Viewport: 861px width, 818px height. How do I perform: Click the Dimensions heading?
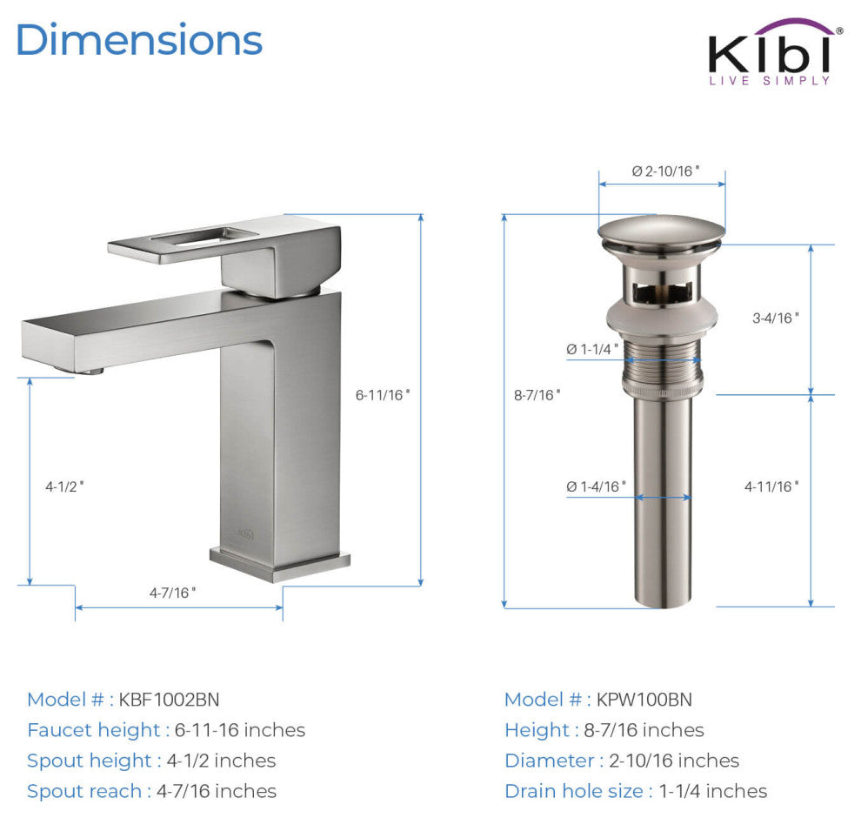pos(139,40)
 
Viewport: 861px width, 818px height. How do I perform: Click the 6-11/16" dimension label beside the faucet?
pos(382,394)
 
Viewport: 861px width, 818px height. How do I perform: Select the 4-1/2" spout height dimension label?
pos(65,486)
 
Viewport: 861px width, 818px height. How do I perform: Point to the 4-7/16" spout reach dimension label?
pos(172,592)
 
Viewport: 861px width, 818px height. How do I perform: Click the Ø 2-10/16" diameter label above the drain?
pos(665,171)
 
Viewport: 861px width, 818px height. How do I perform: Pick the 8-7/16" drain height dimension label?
pos(537,394)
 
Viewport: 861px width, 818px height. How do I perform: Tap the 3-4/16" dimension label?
pos(775,318)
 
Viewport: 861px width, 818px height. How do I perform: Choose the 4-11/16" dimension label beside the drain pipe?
pos(771,486)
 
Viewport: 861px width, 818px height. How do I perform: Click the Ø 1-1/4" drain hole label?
pos(592,349)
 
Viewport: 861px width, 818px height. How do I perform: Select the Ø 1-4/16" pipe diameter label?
pos(596,486)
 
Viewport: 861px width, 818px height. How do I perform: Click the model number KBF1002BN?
pos(170,700)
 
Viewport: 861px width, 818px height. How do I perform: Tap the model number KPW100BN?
pos(644,700)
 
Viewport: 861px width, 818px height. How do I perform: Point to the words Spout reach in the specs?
pos(84,791)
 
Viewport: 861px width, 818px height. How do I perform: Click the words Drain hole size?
pos(574,791)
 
